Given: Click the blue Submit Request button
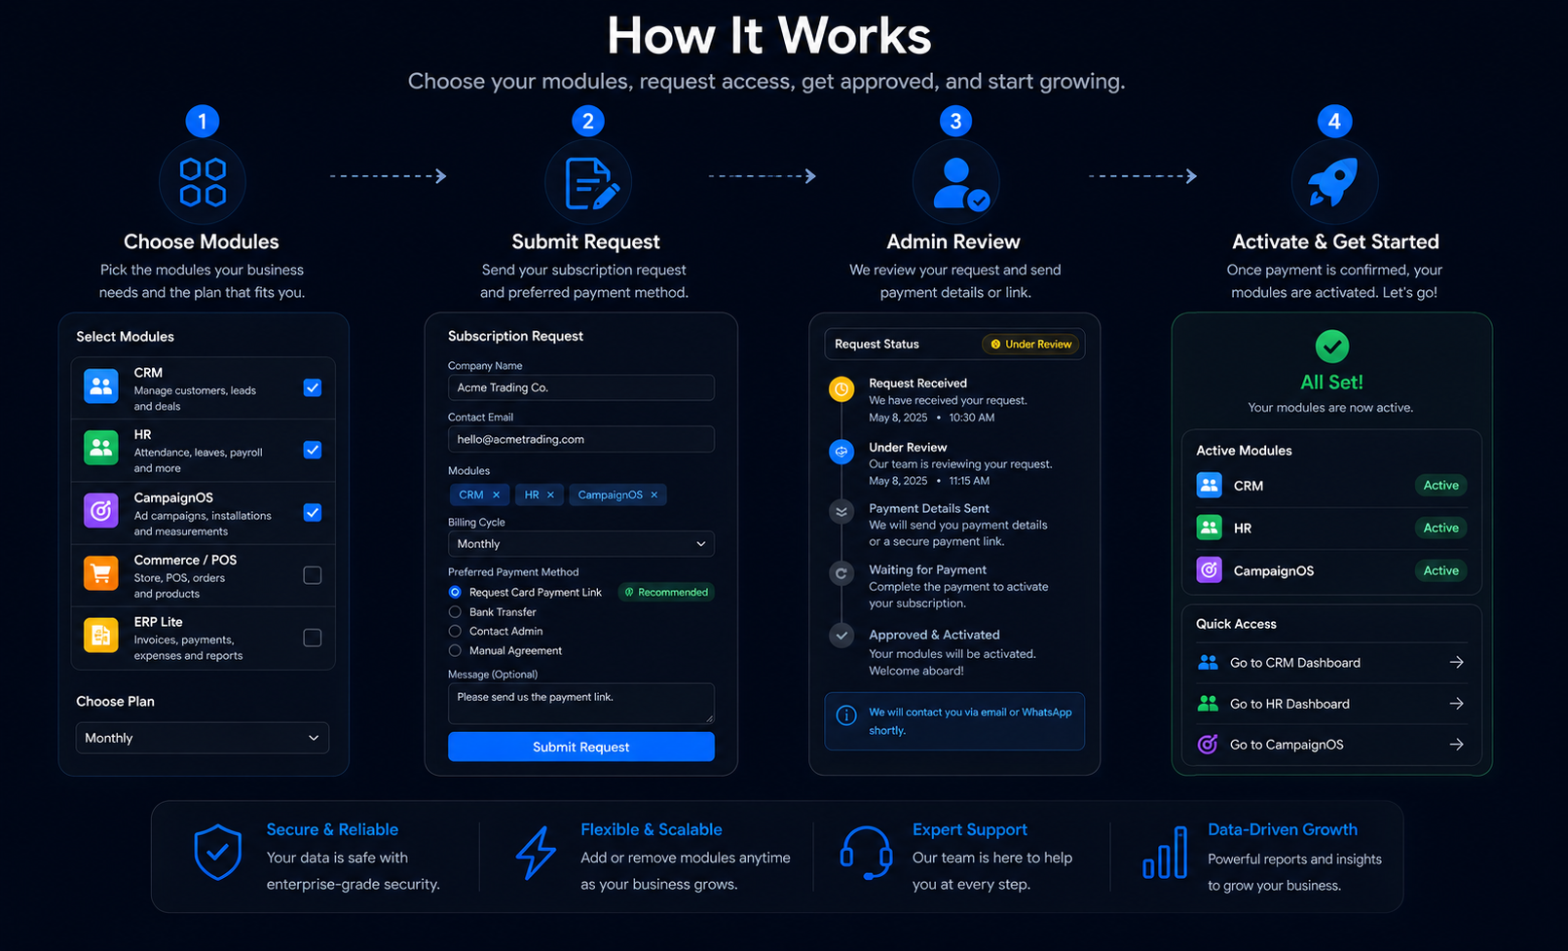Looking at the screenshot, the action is pyautogui.click(x=581, y=747).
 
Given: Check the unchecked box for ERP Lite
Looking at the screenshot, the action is pyautogui.click(x=313, y=638).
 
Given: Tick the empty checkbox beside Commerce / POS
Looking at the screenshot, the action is pyautogui.click(x=313, y=575).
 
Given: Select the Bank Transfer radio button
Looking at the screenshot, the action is pyautogui.click(x=455, y=611).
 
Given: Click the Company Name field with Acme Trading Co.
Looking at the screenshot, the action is pyautogui.click(x=581, y=387).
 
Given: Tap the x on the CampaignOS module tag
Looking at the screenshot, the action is pyautogui.click(x=654, y=494).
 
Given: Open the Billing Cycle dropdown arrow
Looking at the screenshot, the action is pyautogui.click(x=700, y=544).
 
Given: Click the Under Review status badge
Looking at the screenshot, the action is pyautogui.click(x=1031, y=345).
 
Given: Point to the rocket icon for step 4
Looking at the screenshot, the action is pyautogui.click(x=1333, y=182).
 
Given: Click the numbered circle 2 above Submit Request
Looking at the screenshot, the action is pyautogui.click(x=588, y=121).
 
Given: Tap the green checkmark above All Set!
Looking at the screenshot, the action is pyautogui.click(x=1332, y=347).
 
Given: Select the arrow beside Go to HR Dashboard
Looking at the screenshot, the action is pyautogui.click(x=1457, y=704).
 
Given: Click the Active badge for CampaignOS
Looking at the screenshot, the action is pyautogui.click(x=1440, y=570).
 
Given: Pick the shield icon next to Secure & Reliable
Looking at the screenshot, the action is pyautogui.click(x=218, y=852).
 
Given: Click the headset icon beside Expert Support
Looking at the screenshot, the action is pyautogui.click(x=866, y=853).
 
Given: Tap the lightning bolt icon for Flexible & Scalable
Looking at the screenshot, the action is pyautogui.click(x=537, y=853).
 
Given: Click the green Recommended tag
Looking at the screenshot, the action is pyautogui.click(x=666, y=592).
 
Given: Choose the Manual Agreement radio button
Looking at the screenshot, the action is pyautogui.click(x=455, y=651).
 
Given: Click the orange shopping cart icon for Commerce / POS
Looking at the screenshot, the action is pyautogui.click(x=101, y=574).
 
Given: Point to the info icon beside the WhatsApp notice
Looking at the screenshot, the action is pyautogui.click(x=846, y=715).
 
